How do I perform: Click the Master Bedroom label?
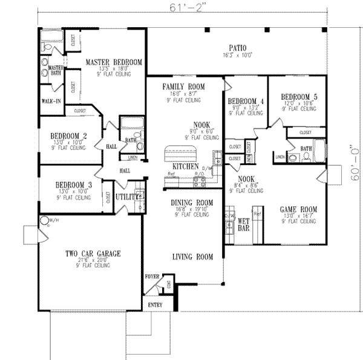tap(113, 62)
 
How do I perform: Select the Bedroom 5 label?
tap(299, 96)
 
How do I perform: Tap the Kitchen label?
tap(185, 166)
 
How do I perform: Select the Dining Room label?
tap(192, 203)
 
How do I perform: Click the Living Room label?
tap(192, 257)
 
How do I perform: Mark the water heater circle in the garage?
tap(44, 220)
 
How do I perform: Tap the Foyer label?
tap(152, 277)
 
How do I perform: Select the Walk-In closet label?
tap(50, 100)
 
